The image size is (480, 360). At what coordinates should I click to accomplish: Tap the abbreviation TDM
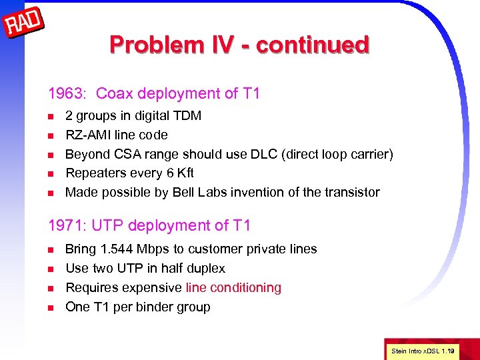click(187, 116)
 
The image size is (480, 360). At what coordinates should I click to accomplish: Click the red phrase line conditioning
click(233, 288)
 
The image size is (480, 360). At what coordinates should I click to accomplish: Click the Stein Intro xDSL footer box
click(422, 350)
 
